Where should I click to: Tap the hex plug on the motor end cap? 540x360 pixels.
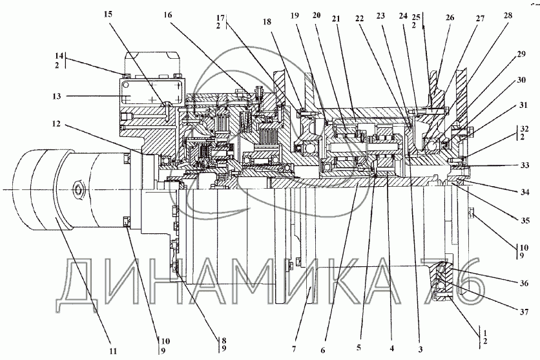78,190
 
